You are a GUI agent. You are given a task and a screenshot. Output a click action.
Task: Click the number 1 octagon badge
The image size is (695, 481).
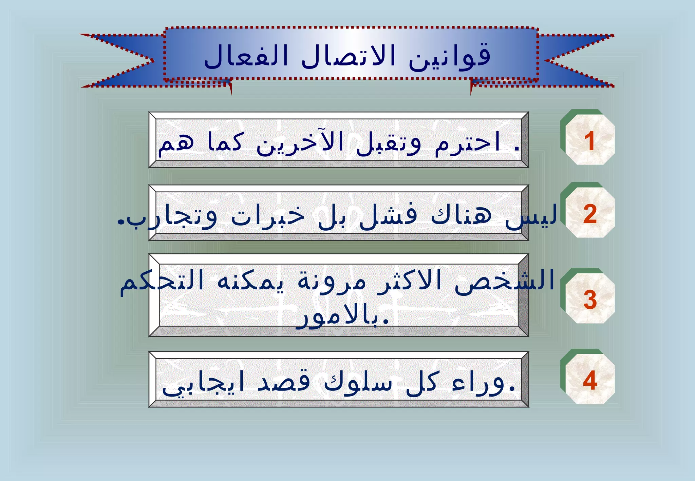[x=590, y=140]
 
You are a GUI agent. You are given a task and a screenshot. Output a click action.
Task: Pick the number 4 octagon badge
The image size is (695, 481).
[x=590, y=380]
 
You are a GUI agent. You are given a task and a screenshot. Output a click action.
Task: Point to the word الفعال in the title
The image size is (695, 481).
[x=246, y=56]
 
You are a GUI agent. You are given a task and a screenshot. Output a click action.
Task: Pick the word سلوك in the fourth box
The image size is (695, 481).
[x=358, y=383]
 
